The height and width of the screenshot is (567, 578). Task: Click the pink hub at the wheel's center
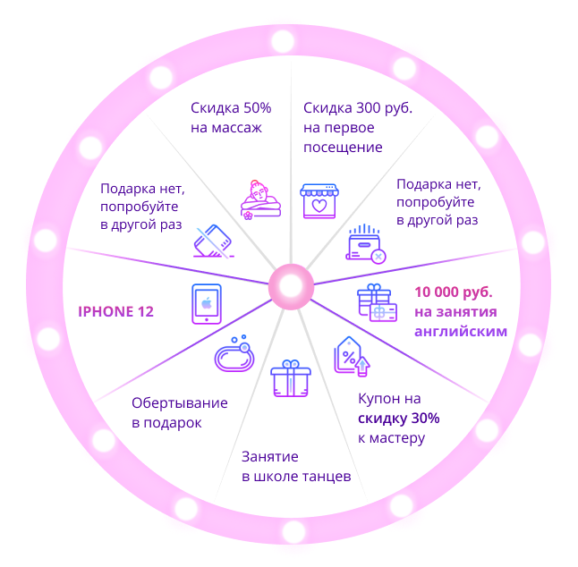coord(291,287)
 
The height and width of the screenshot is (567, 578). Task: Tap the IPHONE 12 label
coord(115,312)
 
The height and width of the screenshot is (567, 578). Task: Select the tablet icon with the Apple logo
coord(207,304)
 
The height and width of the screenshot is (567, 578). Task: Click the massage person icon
coord(260,200)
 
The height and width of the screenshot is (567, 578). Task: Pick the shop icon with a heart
coord(319,201)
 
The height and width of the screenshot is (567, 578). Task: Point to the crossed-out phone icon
coord(214,241)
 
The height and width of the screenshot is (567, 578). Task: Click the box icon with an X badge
coord(366,244)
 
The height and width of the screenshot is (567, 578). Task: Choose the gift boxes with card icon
coord(377,303)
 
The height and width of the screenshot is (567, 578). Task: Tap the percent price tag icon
coord(352,356)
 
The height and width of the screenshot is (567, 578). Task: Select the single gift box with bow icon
coord(291,378)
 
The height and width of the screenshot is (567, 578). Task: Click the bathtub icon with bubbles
coord(234,353)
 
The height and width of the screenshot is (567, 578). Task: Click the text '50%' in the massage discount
coord(258,108)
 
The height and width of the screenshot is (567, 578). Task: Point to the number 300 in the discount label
coord(369,108)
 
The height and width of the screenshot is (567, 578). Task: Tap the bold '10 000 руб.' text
coord(454,292)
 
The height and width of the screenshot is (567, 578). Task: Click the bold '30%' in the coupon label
coord(425,419)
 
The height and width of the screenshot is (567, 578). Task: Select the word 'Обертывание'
coord(180,403)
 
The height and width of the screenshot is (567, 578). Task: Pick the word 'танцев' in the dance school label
coord(327,477)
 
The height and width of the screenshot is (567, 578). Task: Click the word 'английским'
coord(461,332)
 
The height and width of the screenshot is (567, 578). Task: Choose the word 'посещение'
coord(343,148)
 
